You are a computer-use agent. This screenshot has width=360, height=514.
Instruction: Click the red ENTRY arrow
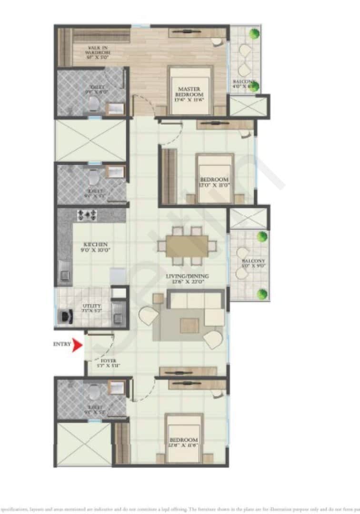point(77,345)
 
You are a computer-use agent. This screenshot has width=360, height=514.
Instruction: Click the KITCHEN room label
point(93,244)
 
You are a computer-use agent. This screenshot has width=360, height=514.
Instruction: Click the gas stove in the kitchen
point(87,215)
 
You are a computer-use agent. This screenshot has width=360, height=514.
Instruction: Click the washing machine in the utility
point(65,316)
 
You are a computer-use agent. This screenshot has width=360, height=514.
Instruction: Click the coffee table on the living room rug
point(189,326)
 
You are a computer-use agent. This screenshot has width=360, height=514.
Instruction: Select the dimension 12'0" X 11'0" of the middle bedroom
point(214,187)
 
